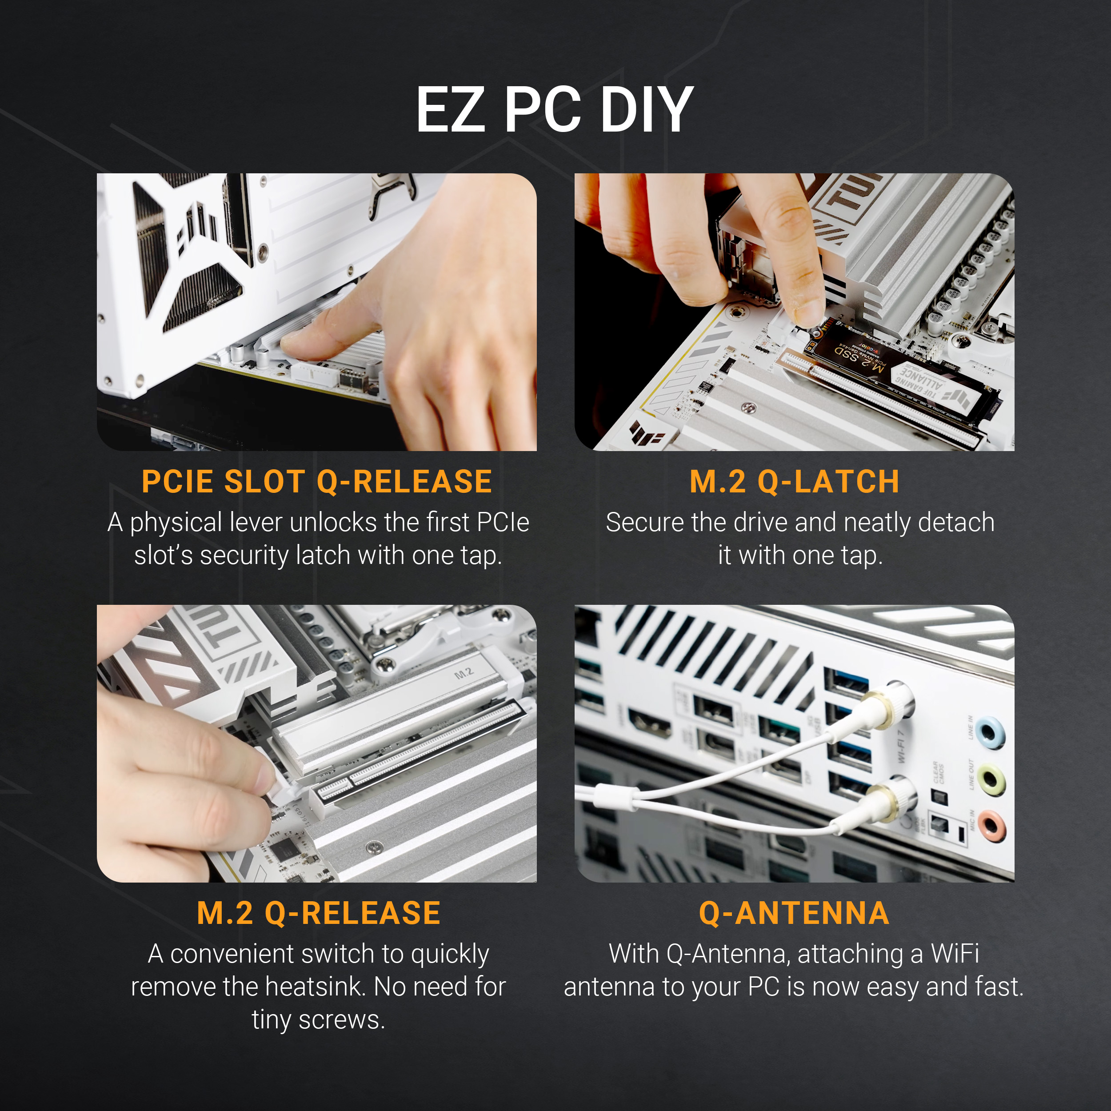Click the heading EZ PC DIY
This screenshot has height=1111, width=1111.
click(x=555, y=109)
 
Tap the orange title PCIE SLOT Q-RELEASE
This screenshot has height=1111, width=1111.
click(x=317, y=481)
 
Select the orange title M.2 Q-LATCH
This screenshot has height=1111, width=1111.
click(x=794, y=481)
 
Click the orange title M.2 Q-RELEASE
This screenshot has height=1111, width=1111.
click(x=319, y=913)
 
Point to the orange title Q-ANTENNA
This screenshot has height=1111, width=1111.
click(x=794, y=913)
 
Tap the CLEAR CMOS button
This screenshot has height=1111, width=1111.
click(x=939, y=797)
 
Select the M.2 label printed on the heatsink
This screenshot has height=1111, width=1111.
click(x=464, y=673)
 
